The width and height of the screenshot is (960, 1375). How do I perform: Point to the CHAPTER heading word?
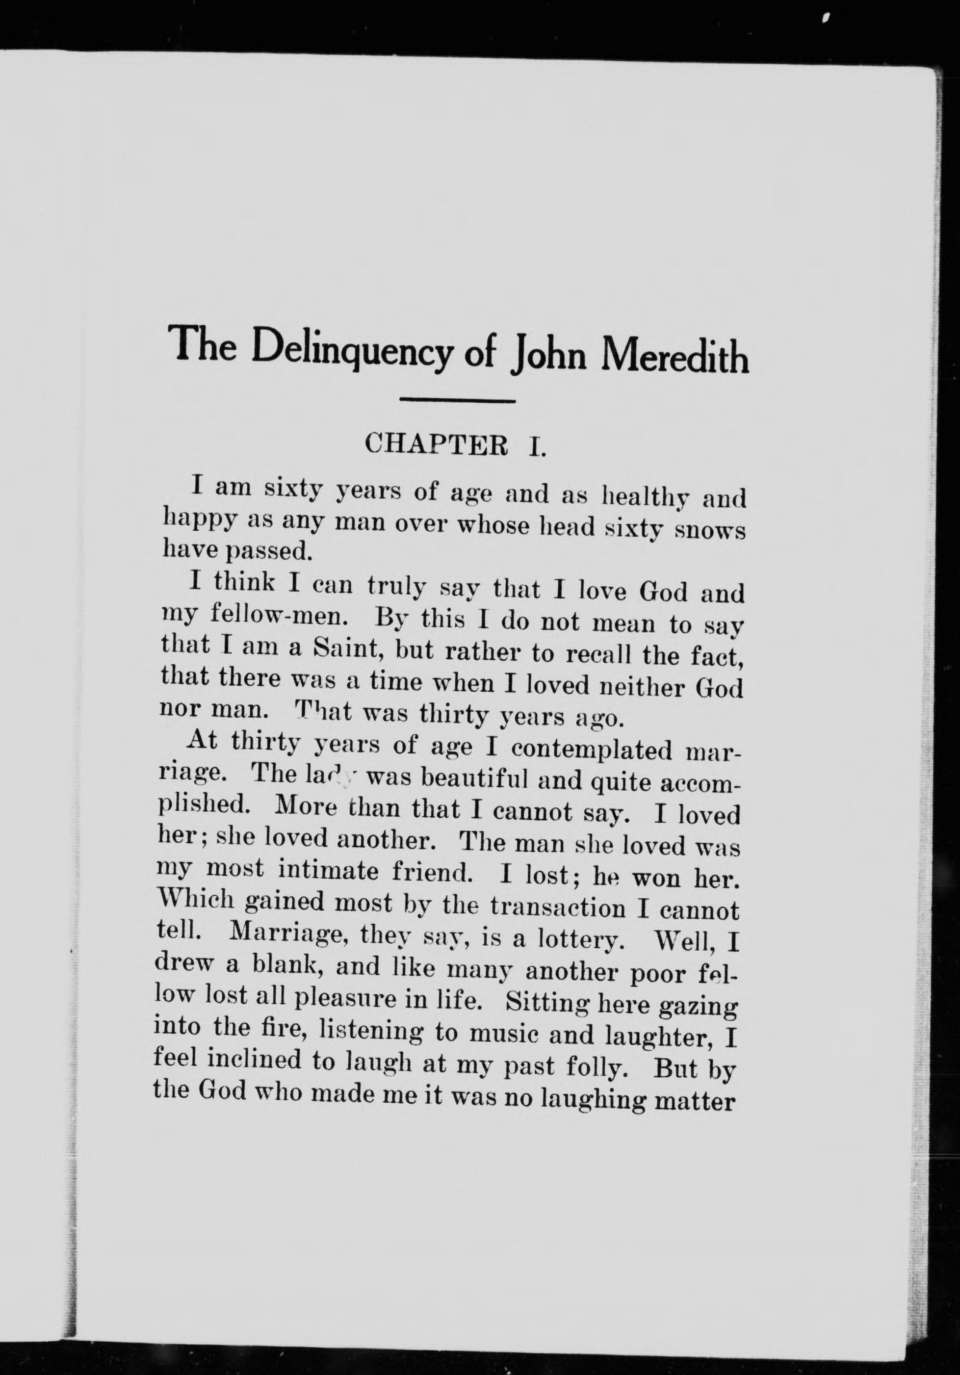pos(436,445)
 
